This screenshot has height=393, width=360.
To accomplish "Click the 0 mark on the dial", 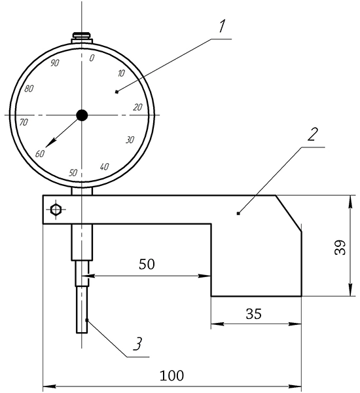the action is click(x=92, y=58).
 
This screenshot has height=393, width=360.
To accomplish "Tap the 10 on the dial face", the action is click(x=121, y=73).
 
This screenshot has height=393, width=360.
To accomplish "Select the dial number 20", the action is click(x=138, y=107).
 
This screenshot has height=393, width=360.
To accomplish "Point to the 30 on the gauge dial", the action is click(x=130, y=140).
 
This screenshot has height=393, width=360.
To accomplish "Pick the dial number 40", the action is click(x=104, y=166).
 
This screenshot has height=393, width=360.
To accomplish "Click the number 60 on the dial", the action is click(x=40, y=154).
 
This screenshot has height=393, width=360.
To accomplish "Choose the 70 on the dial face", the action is click(x=24, y=122).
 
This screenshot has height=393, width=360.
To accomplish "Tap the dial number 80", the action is click(x=29, y=88).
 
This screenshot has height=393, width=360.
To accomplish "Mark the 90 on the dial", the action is click(x=55, y=63).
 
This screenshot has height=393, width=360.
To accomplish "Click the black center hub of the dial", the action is click(x=82, y=115).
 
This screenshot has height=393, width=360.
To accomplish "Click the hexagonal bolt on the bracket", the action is click(x=55, y=210).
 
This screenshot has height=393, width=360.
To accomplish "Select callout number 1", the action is click(x=222, y=26).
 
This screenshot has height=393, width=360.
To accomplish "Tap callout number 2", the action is click(x=312, y=134).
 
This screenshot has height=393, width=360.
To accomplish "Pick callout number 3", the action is click(x=137, y=344).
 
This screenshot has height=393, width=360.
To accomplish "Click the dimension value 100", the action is click(x=172, y=376).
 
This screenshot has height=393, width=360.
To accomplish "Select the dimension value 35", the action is click(x=254, y=314).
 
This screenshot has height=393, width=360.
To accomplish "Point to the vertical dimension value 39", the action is click(x=340, y=248).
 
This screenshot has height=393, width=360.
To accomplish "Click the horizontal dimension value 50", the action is click(x=147, y=264).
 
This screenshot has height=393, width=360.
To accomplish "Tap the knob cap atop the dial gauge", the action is click(x=82, y=35).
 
